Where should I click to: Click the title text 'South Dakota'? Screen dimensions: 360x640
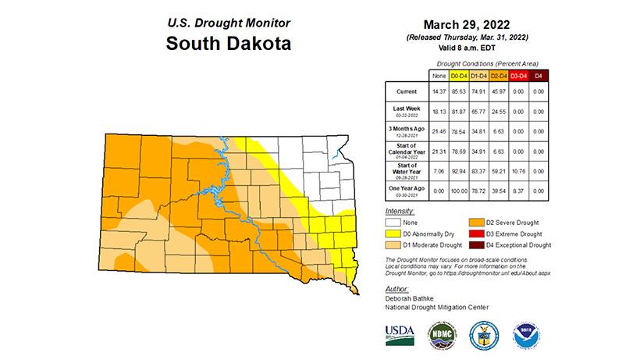click(228, 44)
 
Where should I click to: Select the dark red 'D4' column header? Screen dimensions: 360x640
click(538, 75)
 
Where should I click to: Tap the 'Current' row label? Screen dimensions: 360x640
click(407, 92)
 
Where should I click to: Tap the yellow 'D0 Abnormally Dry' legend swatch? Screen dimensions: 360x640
click(395, 233)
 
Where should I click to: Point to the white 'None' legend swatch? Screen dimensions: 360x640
click(395, 223)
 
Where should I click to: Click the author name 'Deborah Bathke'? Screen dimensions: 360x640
click(411, 298)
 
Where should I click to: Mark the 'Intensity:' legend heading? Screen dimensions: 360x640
click(400, 212)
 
